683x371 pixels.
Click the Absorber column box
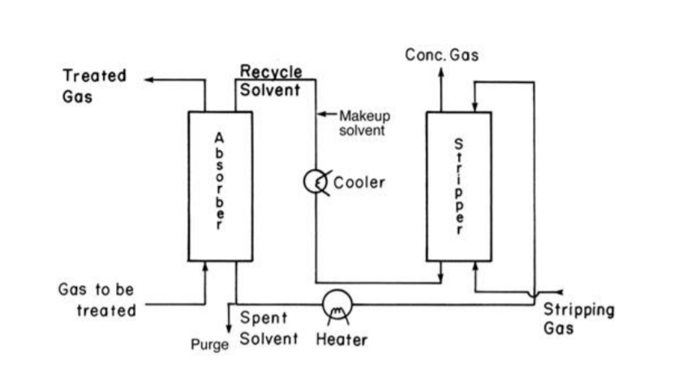click(220, 186)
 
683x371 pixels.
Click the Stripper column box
click(458, 186)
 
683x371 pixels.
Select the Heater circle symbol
click(337, 305)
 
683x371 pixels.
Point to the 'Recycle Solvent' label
click(270, 81)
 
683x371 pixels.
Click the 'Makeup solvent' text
click(363, 123)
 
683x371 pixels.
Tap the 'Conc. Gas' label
click(442, 55)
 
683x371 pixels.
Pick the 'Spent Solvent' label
click(268, 328)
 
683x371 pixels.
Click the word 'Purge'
click(210, 344)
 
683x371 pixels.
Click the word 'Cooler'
click(359, 183)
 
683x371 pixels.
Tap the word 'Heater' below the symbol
click(341, 339)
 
